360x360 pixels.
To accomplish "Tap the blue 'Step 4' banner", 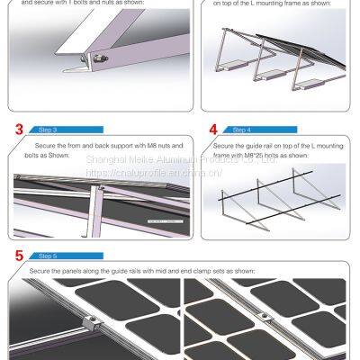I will (x=244, y=130).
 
